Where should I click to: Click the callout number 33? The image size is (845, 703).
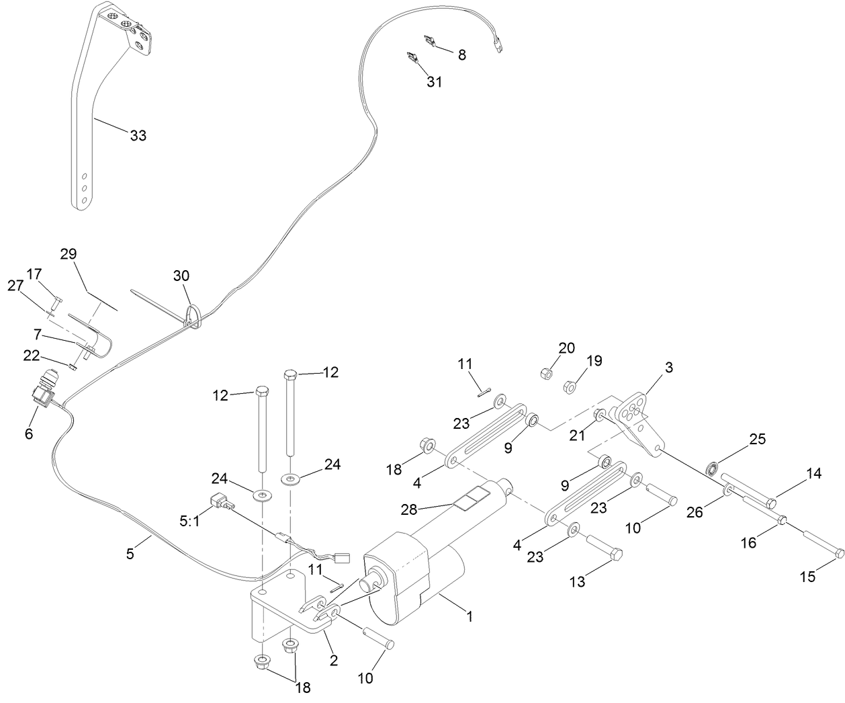tap(138, 135)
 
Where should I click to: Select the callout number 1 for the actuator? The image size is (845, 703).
tap(470, 615)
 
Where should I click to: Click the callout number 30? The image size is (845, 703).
tap(181, 276)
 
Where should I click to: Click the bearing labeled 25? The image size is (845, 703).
tap(716, 468)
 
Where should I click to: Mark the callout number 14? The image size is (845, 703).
tap(813, 473)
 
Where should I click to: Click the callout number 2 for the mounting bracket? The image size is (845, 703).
tap(333, 659)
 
